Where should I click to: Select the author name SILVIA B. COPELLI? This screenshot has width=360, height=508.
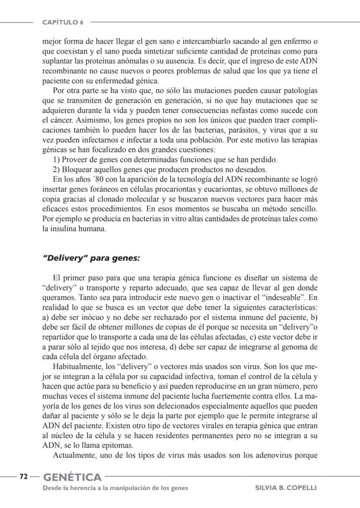[286, 488]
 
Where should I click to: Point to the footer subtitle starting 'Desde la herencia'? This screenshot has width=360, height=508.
[115, 488]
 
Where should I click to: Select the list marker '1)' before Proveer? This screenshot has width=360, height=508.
[56, 160]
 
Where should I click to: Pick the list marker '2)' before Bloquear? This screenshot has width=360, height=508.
[56, 169]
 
